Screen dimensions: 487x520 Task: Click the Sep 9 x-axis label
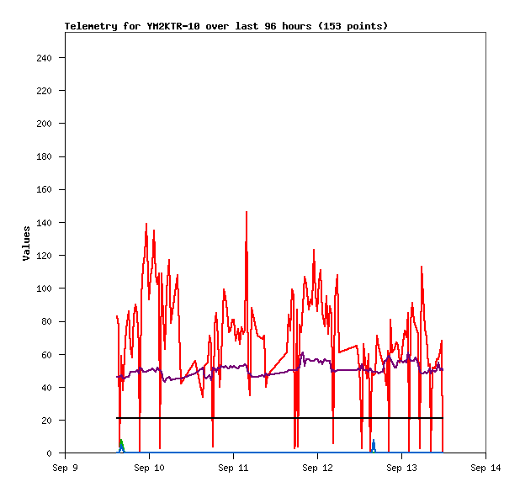pos(65,468)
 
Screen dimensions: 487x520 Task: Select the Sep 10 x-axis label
pos(149,468)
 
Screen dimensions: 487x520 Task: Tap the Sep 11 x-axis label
pos(233,468)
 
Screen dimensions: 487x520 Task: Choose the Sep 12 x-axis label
pos(317,468)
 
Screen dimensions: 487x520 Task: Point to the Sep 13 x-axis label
pos(401,468)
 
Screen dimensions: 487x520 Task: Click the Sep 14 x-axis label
pos(486,468)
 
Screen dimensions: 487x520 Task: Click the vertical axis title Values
pos(26,242)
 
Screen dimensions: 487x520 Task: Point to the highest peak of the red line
pos(247,212)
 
